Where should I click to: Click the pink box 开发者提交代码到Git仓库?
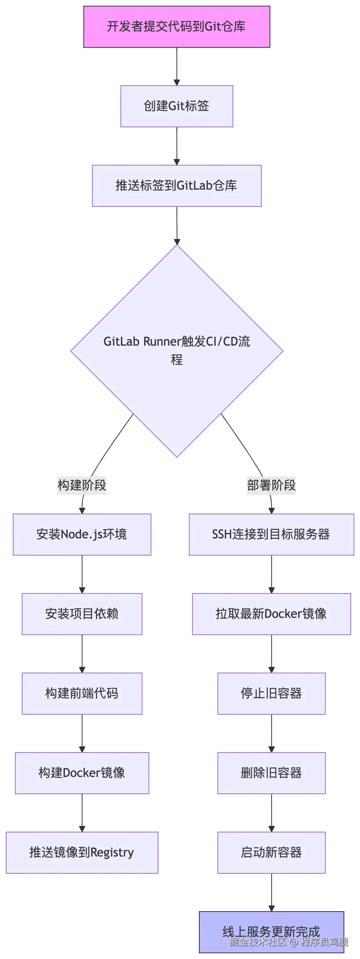[177, 26]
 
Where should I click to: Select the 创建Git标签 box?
[177, 106]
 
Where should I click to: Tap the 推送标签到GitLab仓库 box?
[177, 185]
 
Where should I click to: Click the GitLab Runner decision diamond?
[177, 351]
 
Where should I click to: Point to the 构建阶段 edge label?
[81, 485]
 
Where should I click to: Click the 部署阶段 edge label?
[271, 485]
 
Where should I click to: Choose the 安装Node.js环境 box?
[82, 534]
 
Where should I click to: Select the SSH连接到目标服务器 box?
[271, 534]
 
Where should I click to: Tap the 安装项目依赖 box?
[82, 614]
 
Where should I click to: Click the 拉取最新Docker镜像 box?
[271, 614]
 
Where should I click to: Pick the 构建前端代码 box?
[82, 693]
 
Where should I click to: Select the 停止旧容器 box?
[271, 693]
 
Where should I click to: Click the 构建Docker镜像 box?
[82, 773]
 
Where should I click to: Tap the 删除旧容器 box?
[271, 773]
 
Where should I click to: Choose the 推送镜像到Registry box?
[81, 852]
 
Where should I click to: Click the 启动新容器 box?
[271, 852]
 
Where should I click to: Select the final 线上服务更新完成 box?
[271, 931]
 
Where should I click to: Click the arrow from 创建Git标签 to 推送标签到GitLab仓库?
[176, 146]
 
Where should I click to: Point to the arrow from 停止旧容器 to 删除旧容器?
[271, 733]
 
